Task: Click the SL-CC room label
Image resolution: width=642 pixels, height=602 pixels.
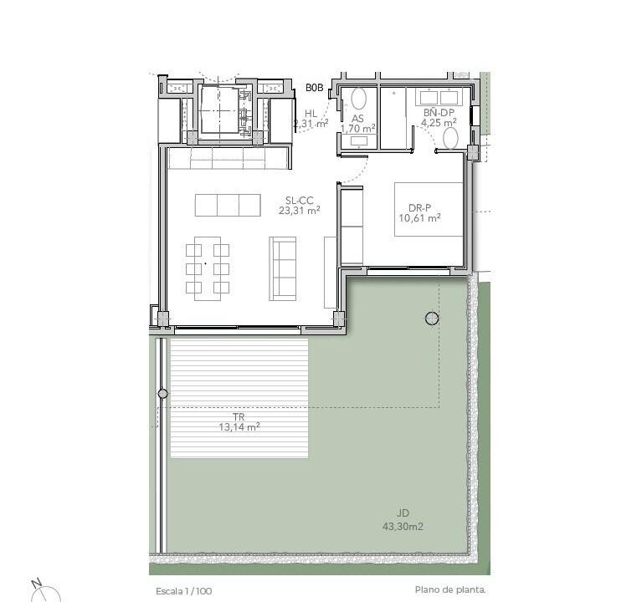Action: pos(300,201)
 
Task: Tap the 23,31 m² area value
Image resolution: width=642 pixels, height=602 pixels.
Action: pos(300,211)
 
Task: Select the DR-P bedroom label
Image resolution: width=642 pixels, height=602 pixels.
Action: pos(419,208)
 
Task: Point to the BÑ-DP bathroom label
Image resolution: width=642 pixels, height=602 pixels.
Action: pos(439,113)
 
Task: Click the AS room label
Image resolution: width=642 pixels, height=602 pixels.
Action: pos(358,119)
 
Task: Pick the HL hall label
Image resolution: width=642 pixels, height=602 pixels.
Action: pos(311,114)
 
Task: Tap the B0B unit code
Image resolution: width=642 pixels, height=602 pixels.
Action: pos(315,88)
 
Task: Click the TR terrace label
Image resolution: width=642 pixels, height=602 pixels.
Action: pos(239,417)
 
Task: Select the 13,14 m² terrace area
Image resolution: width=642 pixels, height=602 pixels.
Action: pos(239,427)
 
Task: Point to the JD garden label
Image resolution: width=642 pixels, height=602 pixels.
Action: pos(403,513)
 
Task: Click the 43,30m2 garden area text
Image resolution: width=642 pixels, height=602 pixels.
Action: pos(403,527)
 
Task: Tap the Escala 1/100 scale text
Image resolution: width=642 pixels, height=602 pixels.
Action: pos(184,591)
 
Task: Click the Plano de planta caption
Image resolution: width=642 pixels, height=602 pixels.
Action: pos(450,589)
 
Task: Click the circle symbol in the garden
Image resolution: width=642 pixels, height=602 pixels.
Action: pos(432,319)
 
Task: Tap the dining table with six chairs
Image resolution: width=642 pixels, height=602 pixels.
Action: pos(208,268)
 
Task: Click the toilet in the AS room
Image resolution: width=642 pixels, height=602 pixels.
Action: pos(358,99)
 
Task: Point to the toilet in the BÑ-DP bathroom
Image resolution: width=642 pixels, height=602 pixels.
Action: pos(451,138)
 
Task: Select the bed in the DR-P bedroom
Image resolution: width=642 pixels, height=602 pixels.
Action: pos(429,209)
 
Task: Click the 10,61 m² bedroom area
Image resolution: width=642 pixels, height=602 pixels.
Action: pos(419,218)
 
